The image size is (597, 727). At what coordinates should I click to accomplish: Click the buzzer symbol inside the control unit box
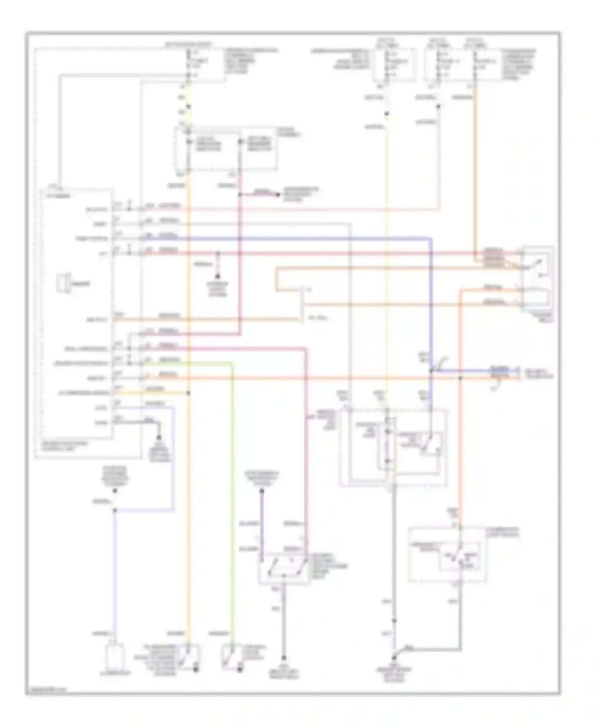[x=64, y=283]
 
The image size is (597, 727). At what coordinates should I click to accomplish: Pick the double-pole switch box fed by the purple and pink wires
[x=284, y=569]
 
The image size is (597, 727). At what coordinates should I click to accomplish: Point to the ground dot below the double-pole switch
[x=284, y=658]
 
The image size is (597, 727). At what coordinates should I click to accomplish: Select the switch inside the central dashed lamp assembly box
[x=430, y=444]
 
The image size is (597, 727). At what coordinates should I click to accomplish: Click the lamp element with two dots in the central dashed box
[x=387, y=445]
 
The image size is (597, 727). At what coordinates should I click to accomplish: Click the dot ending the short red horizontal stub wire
[x=278, y=194]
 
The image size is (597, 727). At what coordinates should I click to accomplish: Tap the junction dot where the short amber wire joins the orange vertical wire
[x=189, y=393]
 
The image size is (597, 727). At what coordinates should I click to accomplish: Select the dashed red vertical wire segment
[x=217, y=264]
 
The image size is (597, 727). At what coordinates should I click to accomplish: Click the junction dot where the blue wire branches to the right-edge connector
[x=431, y=370]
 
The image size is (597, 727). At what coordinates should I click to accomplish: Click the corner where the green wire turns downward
[x=233, y=363]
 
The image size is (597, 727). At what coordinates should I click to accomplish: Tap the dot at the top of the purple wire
[x=262, y=492]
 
